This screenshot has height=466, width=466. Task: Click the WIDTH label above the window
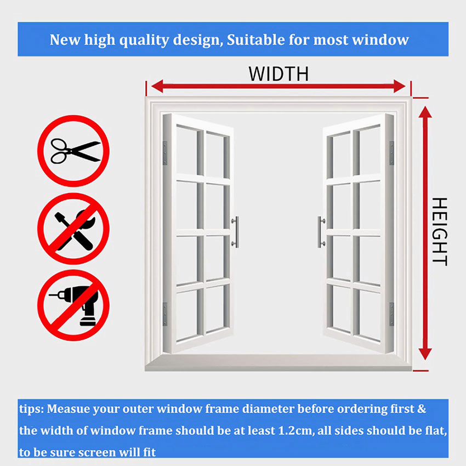279,73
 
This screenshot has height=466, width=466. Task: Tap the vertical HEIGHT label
439,231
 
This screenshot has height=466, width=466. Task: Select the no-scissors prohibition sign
73,151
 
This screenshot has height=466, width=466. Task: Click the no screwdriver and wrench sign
73,229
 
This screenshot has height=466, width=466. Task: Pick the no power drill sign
73,305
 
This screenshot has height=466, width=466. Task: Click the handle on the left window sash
235,232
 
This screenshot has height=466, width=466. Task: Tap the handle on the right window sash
321,232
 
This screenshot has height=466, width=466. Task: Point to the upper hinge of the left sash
165,153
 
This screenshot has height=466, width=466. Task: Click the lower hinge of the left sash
165,314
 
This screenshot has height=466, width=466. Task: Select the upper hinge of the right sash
391,153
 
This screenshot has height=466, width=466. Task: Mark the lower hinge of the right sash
391,314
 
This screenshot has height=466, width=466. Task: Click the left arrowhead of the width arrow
157,86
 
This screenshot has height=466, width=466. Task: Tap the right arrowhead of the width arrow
400,86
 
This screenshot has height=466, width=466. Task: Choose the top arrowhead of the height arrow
425,112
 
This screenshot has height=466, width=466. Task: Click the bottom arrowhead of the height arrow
425,354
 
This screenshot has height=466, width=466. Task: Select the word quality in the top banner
144,41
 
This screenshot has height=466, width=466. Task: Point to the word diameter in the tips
269,409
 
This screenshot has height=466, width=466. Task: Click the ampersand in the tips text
422,409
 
